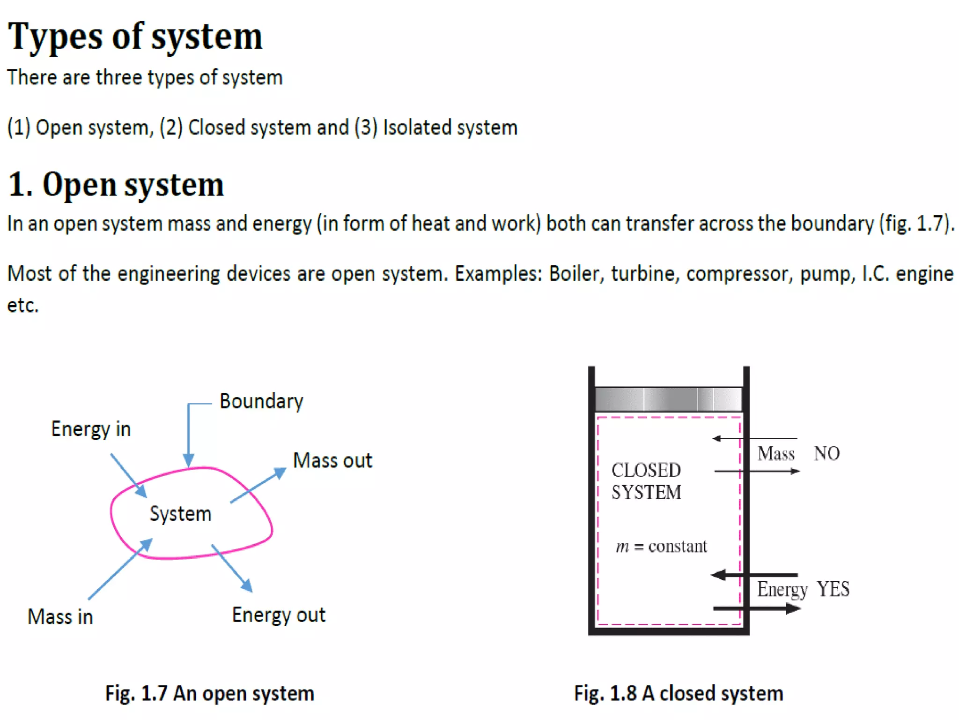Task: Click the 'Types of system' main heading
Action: pos(135,37)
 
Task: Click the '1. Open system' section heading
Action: pos(116,184)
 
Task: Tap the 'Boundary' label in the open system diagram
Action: pos(261,402)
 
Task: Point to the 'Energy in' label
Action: pos(91,429)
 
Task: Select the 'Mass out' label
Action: pos(332,460)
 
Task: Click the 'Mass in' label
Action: pos(60,616)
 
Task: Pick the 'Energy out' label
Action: pos(279,615)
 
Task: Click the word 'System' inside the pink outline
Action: pos(180,514)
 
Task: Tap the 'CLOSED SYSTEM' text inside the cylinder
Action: pos(646,481)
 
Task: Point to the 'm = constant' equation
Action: pos(661,547)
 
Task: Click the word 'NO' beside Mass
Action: pos(827,454)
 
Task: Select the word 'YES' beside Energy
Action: pos(833,589)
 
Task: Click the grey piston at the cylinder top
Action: pos(668,399)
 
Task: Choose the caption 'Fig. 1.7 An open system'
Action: pos(209,693)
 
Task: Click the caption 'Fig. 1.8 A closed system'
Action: pos(679,693)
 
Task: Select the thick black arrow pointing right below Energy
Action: pos(756,609)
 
